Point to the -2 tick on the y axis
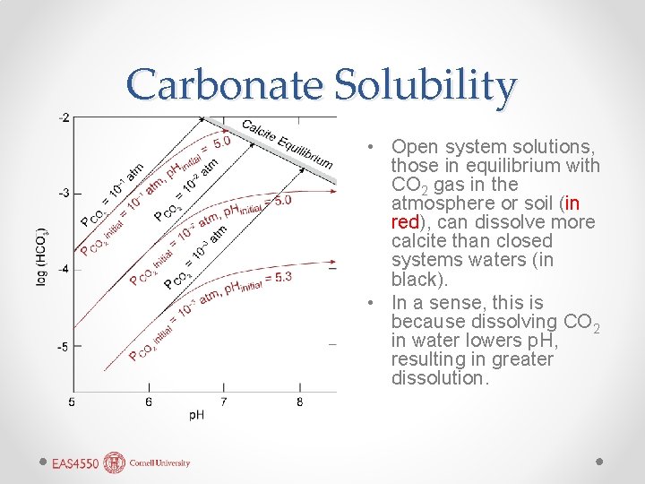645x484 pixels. point(64,117)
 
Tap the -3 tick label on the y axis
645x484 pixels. point(64,193)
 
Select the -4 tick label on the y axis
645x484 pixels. point(64,269)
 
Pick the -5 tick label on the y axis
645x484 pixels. point(64,345)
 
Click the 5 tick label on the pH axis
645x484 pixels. point(72,402)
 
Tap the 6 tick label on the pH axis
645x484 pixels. point(149,402)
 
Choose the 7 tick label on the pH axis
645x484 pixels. point(224,402)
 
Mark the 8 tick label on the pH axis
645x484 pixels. point(299,402)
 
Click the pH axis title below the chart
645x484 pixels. point(196,415)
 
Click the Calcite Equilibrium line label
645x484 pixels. point(287,143)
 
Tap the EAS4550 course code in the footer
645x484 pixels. point(75,463)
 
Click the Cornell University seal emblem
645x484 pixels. point(115,462)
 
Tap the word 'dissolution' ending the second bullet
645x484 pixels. point(438,378)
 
